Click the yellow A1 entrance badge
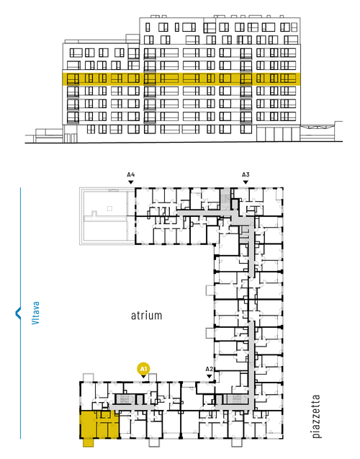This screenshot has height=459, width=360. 143,368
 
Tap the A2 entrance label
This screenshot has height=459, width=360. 210,369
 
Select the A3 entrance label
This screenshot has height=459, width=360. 246,174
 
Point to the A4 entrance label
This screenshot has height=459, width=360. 131,174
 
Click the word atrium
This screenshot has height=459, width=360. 146,316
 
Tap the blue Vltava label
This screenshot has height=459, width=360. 35,313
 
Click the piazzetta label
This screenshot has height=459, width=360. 316,416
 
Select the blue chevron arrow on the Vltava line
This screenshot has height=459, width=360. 18,313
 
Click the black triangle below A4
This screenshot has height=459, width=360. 131,182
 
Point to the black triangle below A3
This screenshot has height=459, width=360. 246,182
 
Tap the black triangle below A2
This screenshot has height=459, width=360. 210,376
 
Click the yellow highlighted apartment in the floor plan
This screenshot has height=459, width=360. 99,424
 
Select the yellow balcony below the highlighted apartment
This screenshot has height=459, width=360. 88,442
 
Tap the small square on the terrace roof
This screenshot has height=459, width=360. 109,208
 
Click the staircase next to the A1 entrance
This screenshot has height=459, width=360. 122,399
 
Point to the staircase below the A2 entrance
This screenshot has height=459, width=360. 235,399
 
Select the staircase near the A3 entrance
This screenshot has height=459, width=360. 225,199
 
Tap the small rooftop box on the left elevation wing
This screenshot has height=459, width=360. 132,39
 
